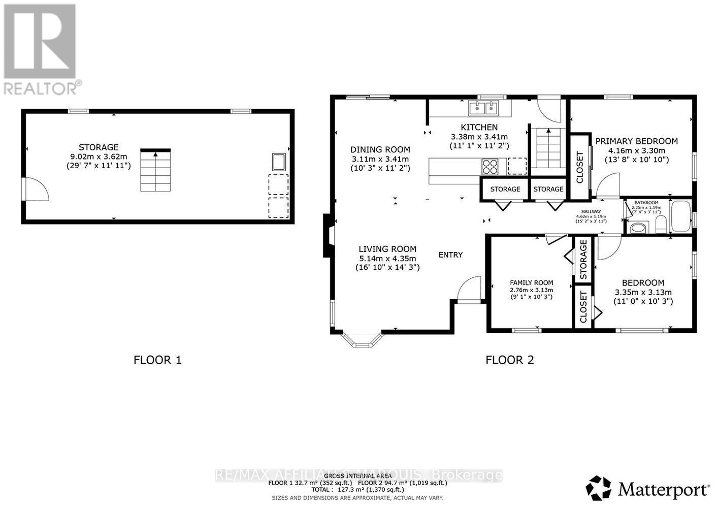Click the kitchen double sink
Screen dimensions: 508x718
tap(484, 108)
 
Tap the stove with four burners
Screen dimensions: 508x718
tap(490, 165)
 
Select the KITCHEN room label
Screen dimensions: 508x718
tap(479, 127)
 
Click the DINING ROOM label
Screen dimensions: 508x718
tap(380, 149)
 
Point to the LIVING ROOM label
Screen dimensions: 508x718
tap(387, 249)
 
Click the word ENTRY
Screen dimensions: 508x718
tap(450, 255)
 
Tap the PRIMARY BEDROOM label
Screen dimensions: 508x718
tap(636, 141)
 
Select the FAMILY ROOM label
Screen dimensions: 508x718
tap(531, 283)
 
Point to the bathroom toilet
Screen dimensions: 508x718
tap(661, 224)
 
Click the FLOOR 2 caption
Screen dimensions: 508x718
tap(509, 360)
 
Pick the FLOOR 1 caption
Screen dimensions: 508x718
tap(157, 360)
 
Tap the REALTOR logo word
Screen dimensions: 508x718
tap(41, 88)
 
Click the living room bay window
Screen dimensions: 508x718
tap(362, 340)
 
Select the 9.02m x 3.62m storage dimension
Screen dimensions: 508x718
tap(99, 157)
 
